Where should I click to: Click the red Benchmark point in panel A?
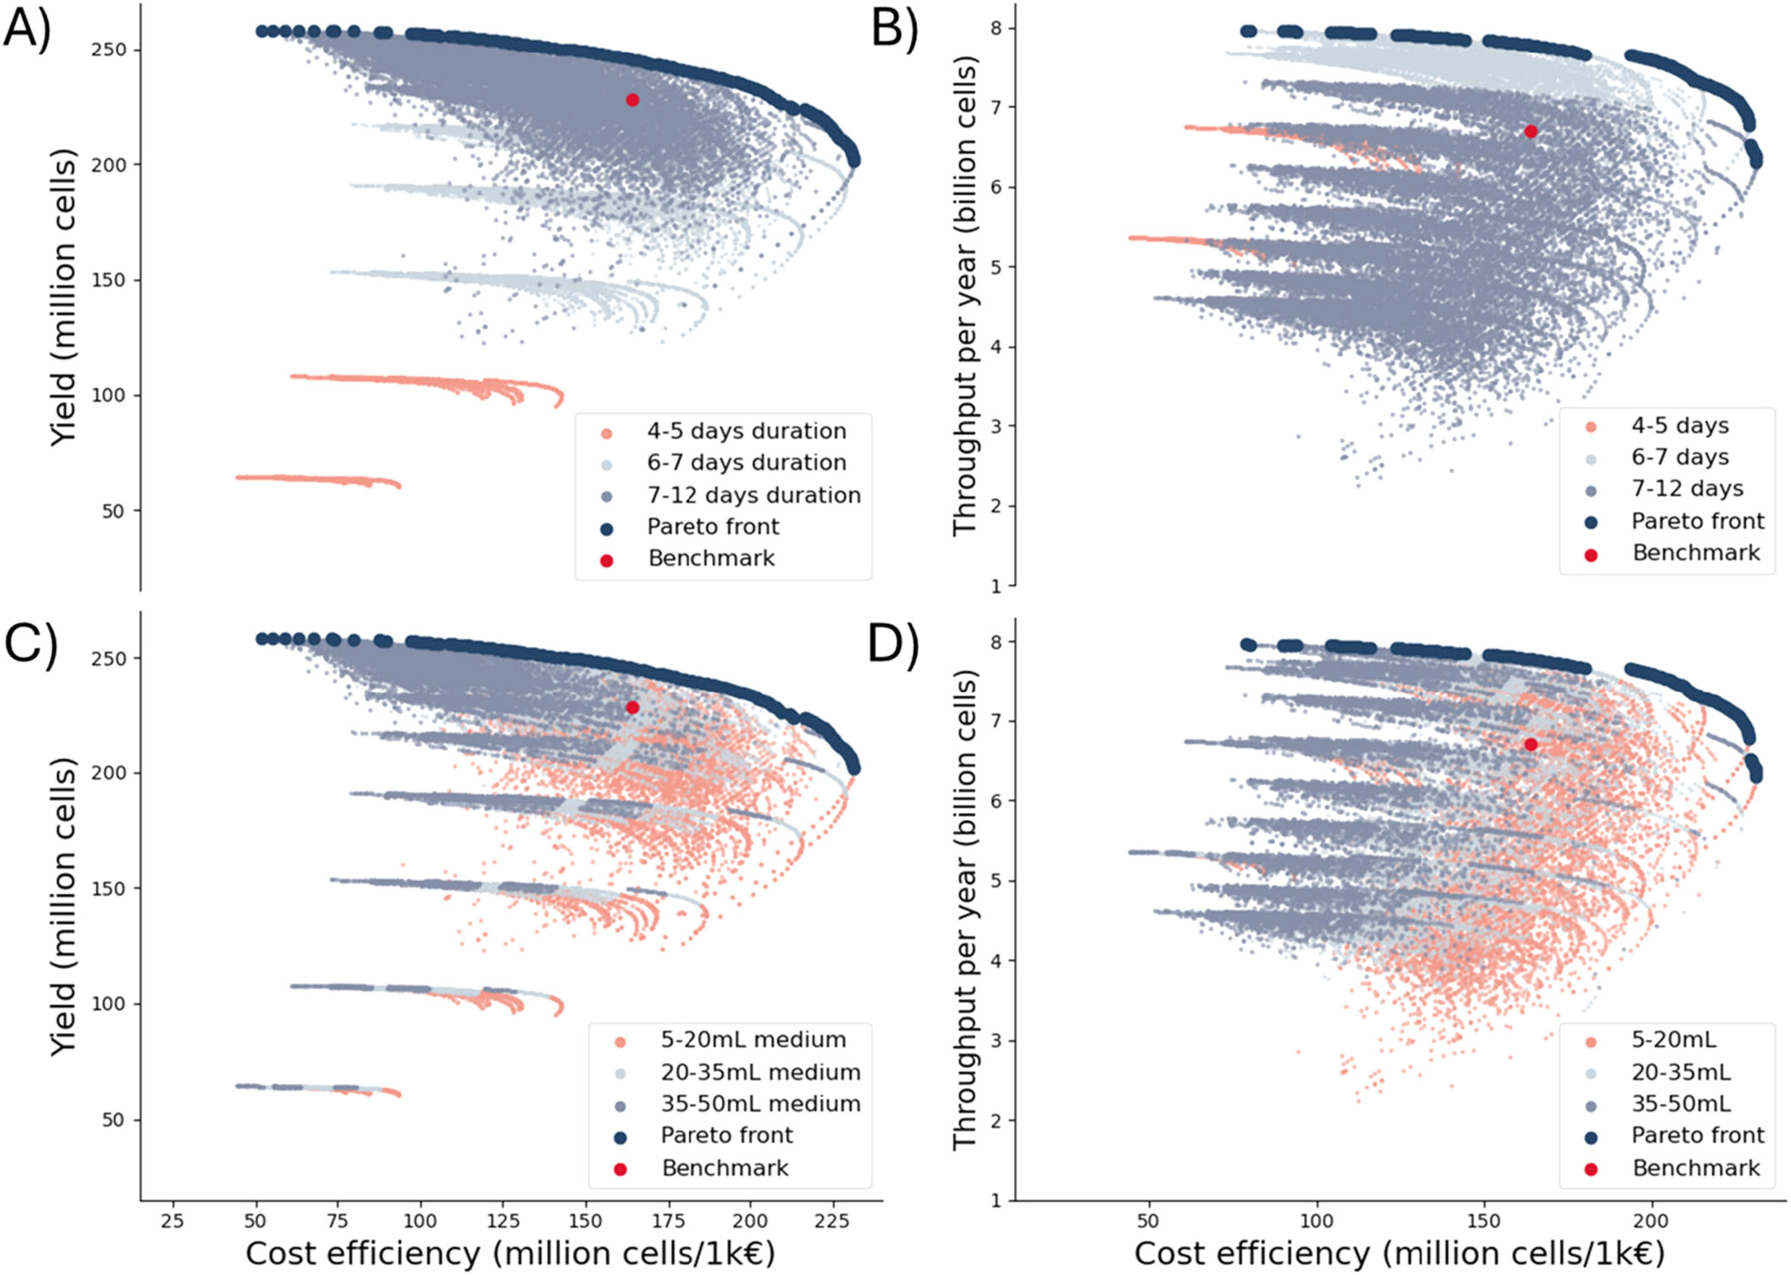click(x=633, y=100)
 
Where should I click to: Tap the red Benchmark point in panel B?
click(x=1531, y=131)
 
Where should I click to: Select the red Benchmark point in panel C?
click(x=633, y=707)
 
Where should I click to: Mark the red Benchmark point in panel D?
click(x=1531, y=745)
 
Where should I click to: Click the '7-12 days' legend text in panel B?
click(x=1687, y=488)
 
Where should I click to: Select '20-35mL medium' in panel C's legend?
click(x=760, y=1072)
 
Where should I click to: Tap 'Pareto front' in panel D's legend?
click(x=1697, y=1135)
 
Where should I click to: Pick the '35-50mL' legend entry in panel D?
click(x=1680, y=1103)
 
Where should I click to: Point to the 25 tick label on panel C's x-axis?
click(x=173, y=1221)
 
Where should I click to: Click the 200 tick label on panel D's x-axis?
click(x=1650, y=1221)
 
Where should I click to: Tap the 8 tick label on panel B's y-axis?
click(x=996, y=28)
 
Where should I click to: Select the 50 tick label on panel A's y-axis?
click(x=112, y=511)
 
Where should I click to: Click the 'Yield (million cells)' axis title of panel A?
click(x=63, y=298)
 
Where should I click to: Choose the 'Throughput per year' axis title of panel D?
click(x=966, y=910)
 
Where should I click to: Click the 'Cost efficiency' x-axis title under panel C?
click(x=510, y=1253)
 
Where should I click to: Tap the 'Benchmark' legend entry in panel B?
click(x=1695, y=552)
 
